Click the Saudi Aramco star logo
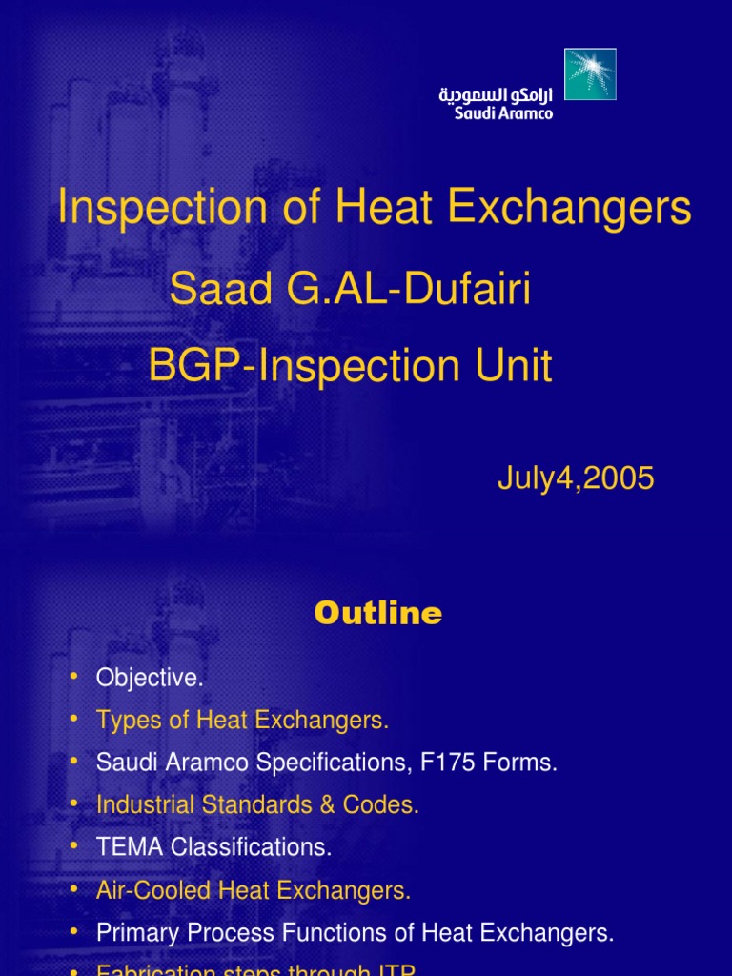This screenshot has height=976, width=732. tap(590, 74)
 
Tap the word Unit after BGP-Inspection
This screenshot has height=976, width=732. tap(509, 367)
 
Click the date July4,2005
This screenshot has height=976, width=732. tap(576, 478)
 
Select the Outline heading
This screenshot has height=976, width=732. tap(378, 614)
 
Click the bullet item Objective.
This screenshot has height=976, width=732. tap(150, 679)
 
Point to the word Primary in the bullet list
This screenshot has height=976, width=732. tap(132, 933)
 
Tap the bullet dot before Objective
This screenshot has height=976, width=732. tap(75, 678)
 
